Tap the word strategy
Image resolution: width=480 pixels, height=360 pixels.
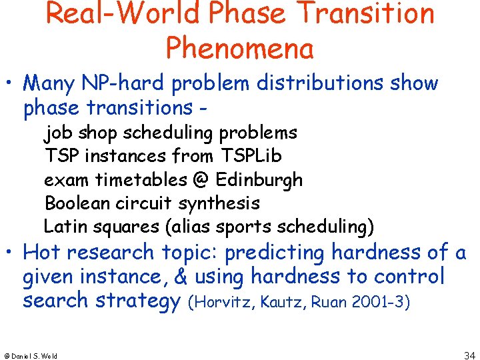pyautogui.click(x=137, y=301)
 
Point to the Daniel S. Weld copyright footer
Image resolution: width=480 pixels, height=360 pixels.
pyautogui.click(x=31, y=355)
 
